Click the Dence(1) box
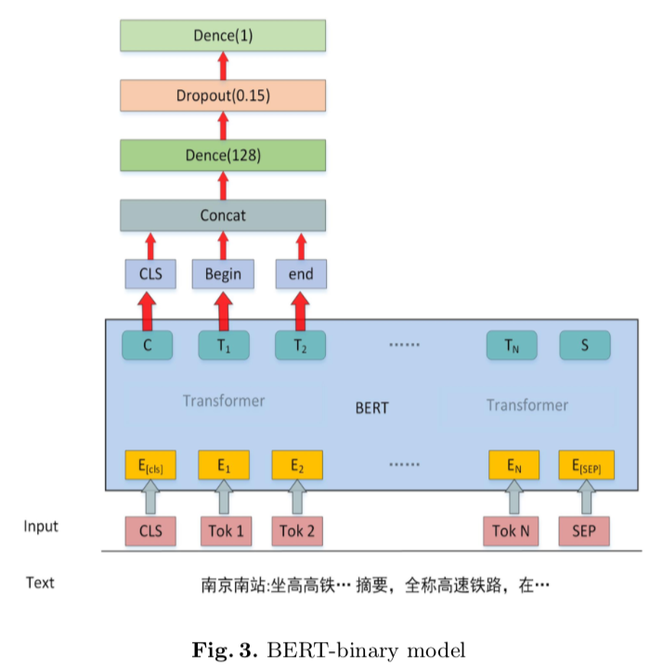tap(223, 35)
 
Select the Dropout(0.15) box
tap(223, 95)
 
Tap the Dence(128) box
tap(223, 155)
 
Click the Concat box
tap(223, 216)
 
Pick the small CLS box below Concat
tap(149, 273)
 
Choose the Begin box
tap(223, 273)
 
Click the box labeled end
tap(301, 273)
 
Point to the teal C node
tap(147, 345)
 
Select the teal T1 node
tap(223, 345)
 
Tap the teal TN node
tap(511, 345)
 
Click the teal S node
tap(584, 345)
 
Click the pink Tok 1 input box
tap(223, 531)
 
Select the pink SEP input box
tap(584, 531)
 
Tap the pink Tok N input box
tap(511, 531)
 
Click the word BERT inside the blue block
tap(371, 408)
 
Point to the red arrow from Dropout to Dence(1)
tap(223, 65)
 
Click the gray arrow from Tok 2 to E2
tap(297, 498)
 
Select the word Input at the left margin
tap(41, 527)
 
